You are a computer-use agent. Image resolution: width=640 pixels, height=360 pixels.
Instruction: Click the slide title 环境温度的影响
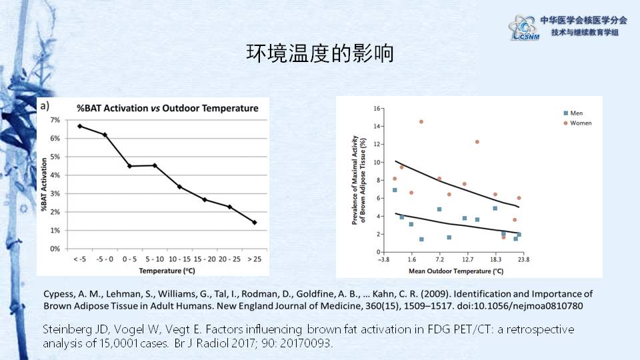click(x=319, y=54)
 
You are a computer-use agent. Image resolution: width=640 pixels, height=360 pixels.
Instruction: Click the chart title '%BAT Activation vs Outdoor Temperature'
click(x=167, y=108)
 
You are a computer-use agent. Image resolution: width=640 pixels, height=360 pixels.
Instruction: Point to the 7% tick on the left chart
click(x=55, y=120)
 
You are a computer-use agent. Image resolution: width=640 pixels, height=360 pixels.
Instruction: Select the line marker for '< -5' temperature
click(x=80, y=126)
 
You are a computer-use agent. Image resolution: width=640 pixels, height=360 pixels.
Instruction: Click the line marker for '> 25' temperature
click(x=255, y=223)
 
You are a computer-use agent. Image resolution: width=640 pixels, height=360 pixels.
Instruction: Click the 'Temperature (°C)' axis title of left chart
click(x=166, y=271)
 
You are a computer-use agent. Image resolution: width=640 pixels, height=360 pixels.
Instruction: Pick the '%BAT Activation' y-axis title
click(x=45, y=183)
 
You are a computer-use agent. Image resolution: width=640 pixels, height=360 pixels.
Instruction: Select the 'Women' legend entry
click(x=579, y=123)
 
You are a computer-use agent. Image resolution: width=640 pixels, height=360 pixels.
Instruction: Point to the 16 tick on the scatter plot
click(x=377, y=108)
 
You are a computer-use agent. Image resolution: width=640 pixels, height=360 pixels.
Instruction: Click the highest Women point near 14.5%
click(x=421, y=121)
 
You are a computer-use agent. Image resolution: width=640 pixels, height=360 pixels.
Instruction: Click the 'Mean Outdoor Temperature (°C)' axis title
click(x=451, y=271)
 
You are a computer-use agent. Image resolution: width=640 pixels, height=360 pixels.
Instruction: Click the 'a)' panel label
click(x=45, y=105)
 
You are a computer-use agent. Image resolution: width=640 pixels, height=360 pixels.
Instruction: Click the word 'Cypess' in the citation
click(x=58, y=294)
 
